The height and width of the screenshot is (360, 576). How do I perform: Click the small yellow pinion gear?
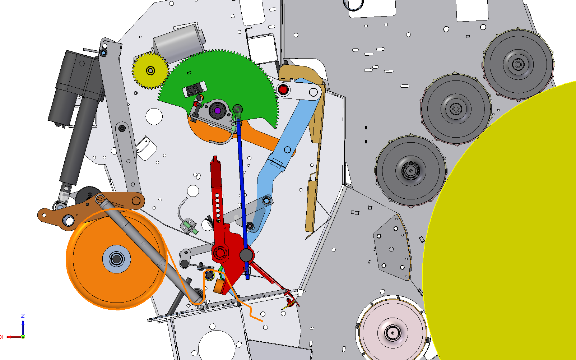click(x=150, y=70)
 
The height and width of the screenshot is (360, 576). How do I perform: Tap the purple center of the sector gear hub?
click(x=218, y=111)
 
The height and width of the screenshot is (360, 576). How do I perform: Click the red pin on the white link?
click(x=283, y=89)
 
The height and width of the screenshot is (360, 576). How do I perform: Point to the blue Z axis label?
click(x=23, y=316)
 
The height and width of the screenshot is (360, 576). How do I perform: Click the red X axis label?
click(x=2, y=337)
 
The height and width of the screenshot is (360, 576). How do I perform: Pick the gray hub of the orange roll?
click(x=116, y=259)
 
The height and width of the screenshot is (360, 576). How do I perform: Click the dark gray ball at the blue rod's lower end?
click(x=246, y=255)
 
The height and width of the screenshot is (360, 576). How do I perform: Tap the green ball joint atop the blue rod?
click(x=238, y=109)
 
